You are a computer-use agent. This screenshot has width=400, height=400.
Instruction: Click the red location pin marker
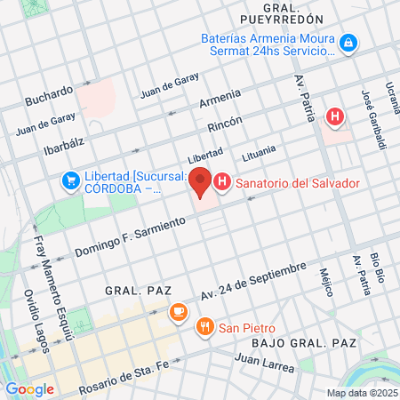pos(200,182)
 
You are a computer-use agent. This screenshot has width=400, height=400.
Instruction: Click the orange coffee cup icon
pos(178,312)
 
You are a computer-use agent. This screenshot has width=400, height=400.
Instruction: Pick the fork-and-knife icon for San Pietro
pos(205,326)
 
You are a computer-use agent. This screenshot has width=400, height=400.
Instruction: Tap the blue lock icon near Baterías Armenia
pos(350,42)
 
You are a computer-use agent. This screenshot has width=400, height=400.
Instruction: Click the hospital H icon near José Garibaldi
pos(335,116)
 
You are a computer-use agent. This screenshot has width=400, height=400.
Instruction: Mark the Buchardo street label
pos(49,92)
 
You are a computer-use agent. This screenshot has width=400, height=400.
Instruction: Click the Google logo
pos(29,389)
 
